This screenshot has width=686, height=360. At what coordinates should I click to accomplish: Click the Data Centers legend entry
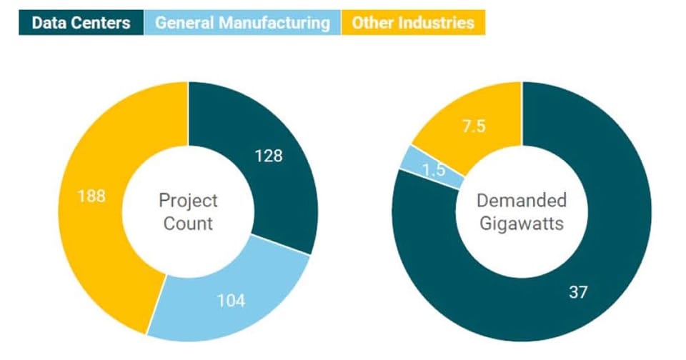pyautogui.click(x=81, y=23)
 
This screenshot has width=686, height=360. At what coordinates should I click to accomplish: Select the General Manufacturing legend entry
pyautogui.click(x=242, y=23)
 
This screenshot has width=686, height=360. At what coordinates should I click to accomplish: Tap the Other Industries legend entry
pyautogui.click(x=412, y=23)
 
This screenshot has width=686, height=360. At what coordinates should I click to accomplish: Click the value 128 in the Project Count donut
pyautogui.click(x=269, y=156)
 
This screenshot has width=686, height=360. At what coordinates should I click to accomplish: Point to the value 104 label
pyautogui.click(x=231, y=301)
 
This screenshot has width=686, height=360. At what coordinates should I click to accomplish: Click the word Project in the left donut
pyautogui.click(x=188, y=201)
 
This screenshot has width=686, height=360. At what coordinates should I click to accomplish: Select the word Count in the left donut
pyautogui.click(x=188, y=223)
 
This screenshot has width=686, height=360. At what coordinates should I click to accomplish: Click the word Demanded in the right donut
pyautogui.click(x=522, y=201)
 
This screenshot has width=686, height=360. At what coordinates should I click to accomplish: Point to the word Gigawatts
pyautogui.click(x=522, y=224)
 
